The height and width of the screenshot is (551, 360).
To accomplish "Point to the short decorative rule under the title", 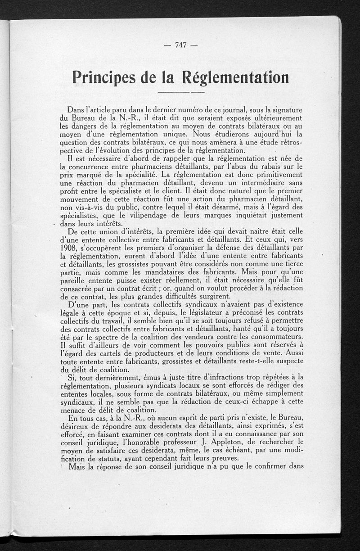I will pyautogui.click(x=182, y=93).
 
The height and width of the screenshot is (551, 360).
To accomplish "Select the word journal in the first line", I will pyautogui.click(x=231, y=109).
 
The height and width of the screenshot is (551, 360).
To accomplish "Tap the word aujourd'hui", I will pyautogui.click(x=270, y=134).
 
